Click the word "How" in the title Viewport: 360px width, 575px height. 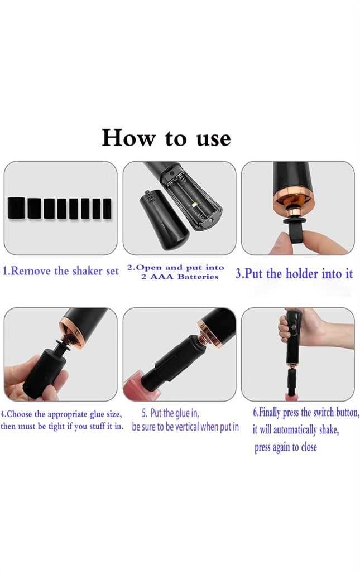click(129, 138)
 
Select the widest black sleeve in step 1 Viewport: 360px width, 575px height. click(17, 208)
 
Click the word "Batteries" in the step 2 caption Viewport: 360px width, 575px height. click(198, 277)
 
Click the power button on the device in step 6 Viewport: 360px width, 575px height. click(294, 325)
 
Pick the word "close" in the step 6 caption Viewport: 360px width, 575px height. click(309, 447)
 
